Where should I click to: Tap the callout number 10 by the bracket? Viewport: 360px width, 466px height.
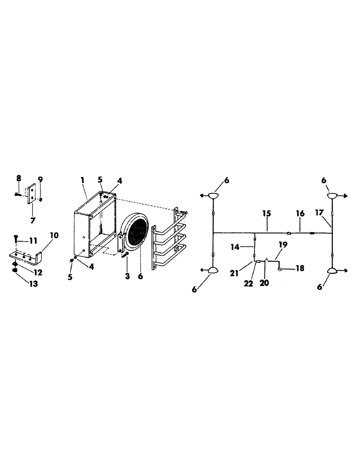pos(54,235)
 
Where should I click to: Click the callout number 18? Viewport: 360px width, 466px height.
pos(299,269)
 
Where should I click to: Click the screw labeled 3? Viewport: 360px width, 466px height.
pos(125,254)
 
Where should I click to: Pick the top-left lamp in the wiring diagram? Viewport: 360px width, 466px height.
pos(213,196)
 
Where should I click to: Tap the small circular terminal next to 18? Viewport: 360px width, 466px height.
pos(279,269)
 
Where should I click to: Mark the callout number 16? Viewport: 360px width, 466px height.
pos(300,213)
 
